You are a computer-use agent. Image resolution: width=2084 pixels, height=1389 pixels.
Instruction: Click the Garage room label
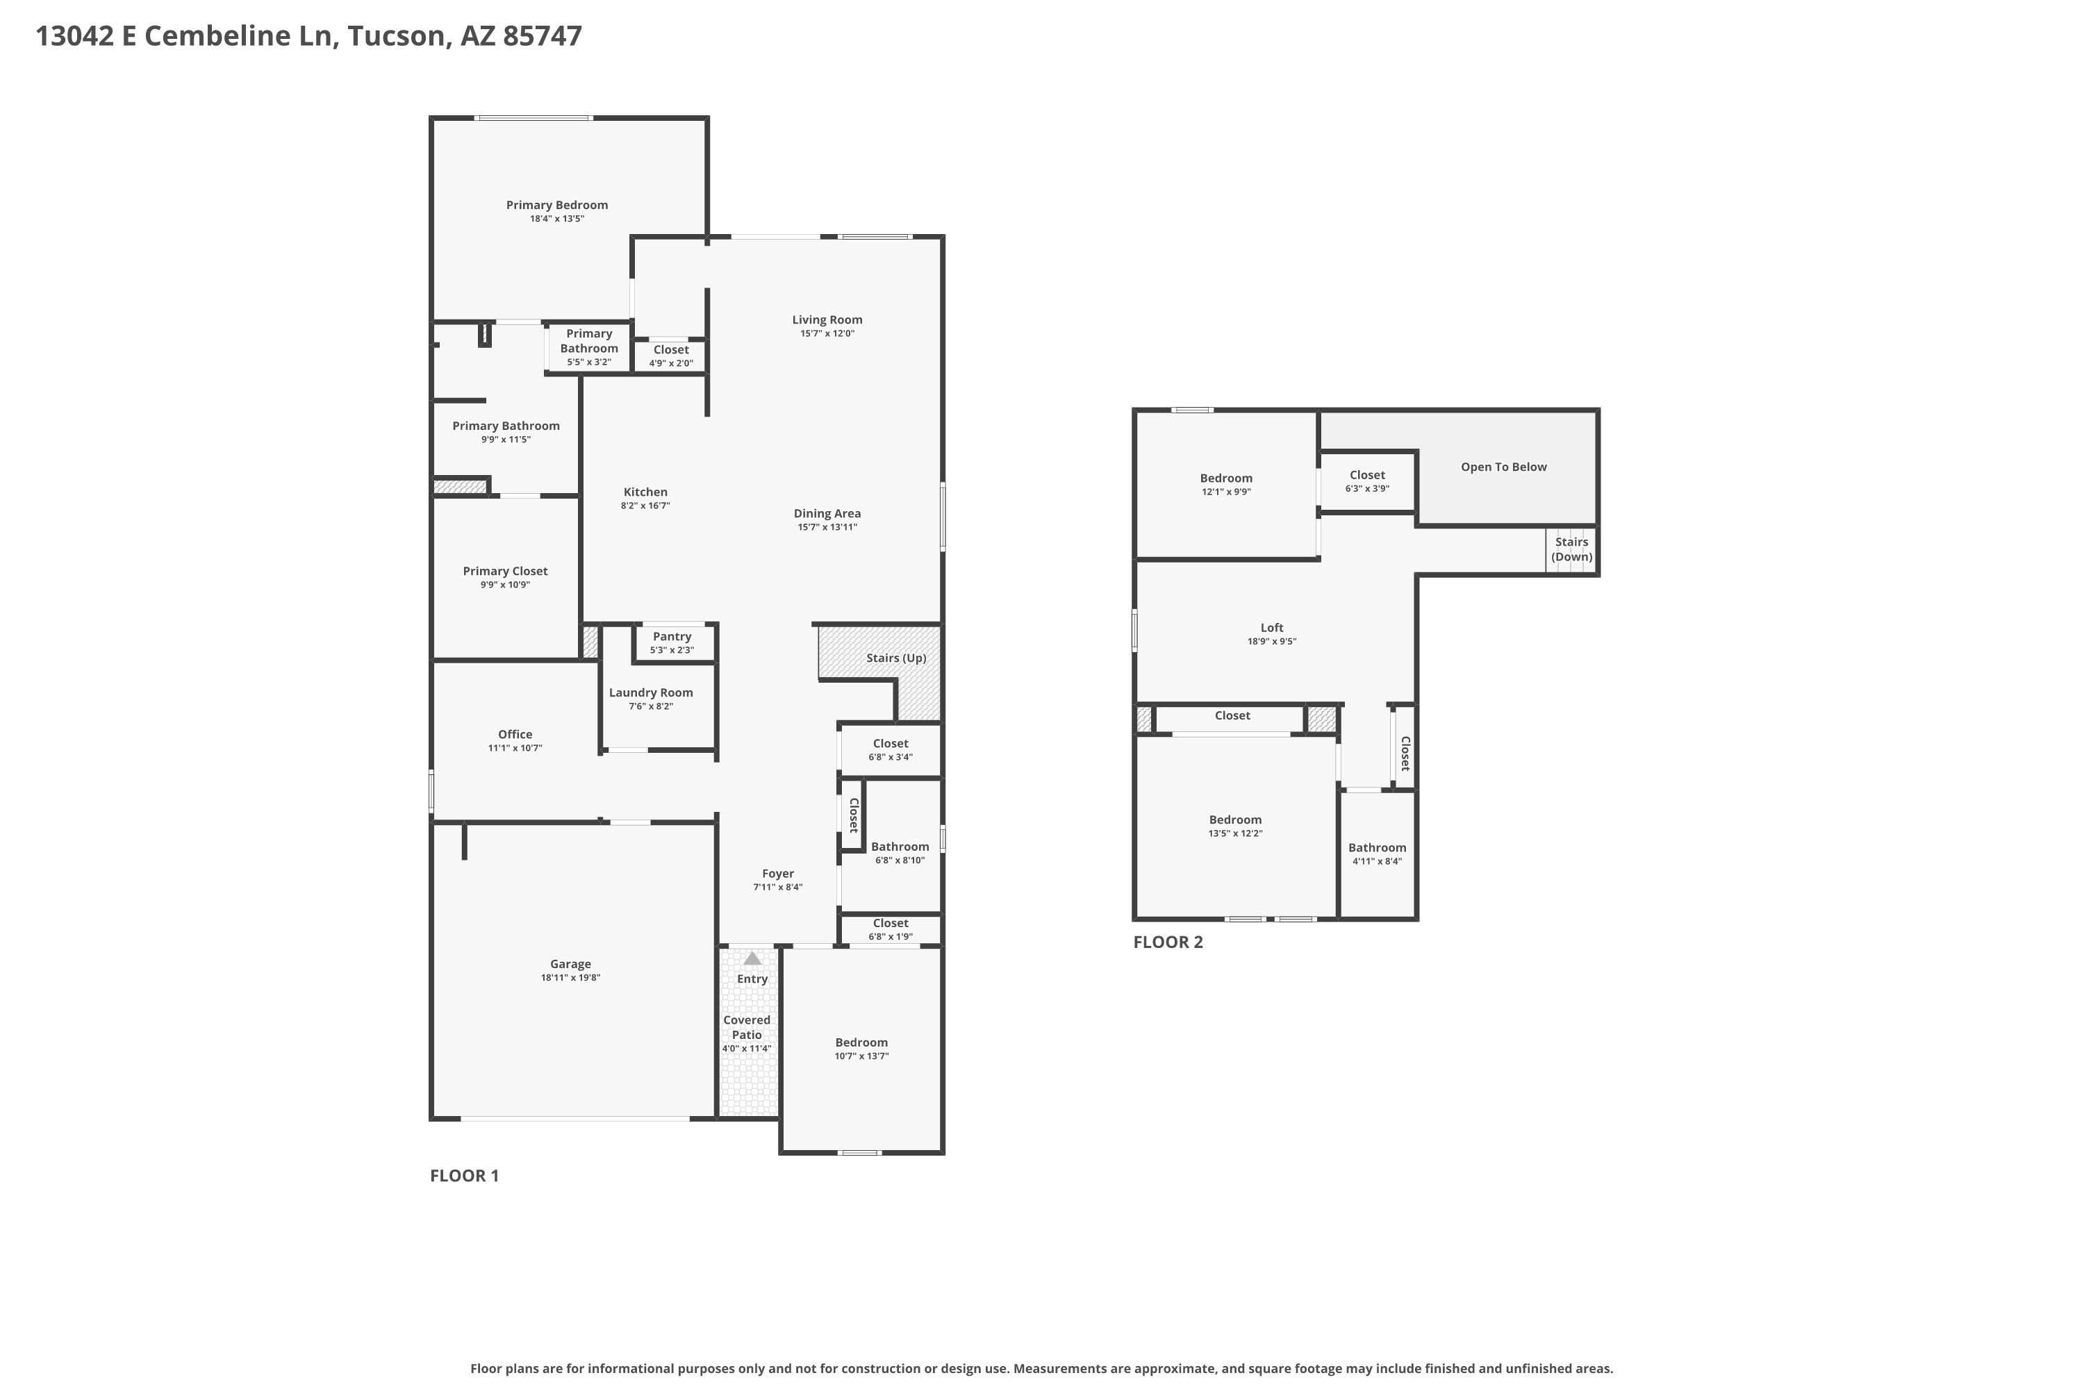570,964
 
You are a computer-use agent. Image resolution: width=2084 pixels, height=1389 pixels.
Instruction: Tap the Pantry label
672,636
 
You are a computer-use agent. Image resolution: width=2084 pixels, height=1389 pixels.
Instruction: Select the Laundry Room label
650,692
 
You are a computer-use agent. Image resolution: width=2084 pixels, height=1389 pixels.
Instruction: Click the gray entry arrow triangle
752,958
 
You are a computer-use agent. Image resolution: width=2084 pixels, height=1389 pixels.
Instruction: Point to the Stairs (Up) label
896,658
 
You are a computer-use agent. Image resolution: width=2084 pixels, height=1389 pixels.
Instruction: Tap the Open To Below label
1504,467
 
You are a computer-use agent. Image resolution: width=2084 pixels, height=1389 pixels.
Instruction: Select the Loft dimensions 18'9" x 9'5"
1271,641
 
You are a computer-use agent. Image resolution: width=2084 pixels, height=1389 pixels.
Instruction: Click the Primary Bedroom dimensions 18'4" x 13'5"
557,219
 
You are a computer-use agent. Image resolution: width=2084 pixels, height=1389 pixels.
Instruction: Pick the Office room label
515,734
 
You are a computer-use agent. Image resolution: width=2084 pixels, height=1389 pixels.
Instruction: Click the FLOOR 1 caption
464,1176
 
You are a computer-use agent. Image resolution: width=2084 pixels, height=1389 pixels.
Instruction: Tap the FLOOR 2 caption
1168,942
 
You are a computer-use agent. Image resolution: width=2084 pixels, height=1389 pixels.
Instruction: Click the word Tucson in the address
395,35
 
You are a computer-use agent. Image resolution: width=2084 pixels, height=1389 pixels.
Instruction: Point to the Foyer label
778,874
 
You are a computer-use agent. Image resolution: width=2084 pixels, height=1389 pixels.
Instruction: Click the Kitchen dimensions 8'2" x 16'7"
645,506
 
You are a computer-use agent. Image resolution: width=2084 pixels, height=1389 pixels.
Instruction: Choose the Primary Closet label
505,572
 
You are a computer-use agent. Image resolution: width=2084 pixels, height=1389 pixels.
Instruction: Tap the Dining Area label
827,513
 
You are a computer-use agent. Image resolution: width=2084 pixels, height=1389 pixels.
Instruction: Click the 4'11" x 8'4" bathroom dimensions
1377,861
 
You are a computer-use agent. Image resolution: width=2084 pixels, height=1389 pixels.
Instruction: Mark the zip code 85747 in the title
543,35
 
